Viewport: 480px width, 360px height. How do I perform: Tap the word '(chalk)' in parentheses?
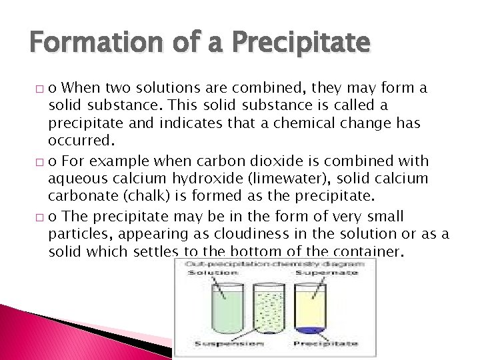click(x=129, y=196)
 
